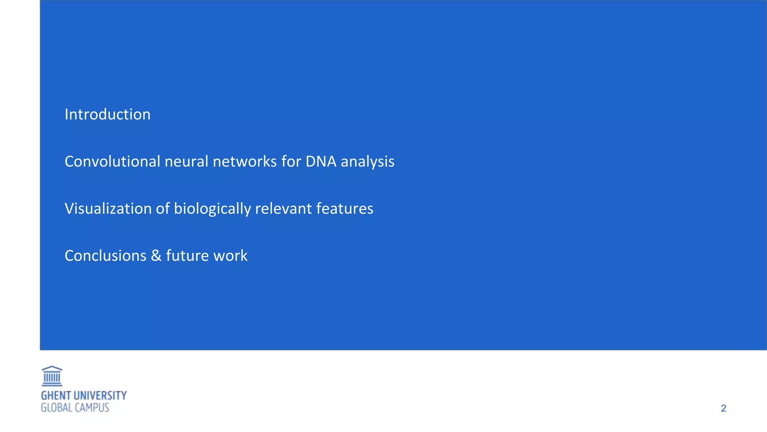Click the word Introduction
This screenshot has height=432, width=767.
click(107, 114)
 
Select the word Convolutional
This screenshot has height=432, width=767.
click(112, 162)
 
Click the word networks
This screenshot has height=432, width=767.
click(245, 162)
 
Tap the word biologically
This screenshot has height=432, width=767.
click(212, 209)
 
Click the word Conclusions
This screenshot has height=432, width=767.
click(106, 256)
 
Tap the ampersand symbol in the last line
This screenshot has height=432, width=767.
click(156, 256)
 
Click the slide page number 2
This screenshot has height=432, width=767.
click(723, 408)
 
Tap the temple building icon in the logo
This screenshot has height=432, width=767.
click(52, 376)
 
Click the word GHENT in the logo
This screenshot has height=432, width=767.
click(56, 396)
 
